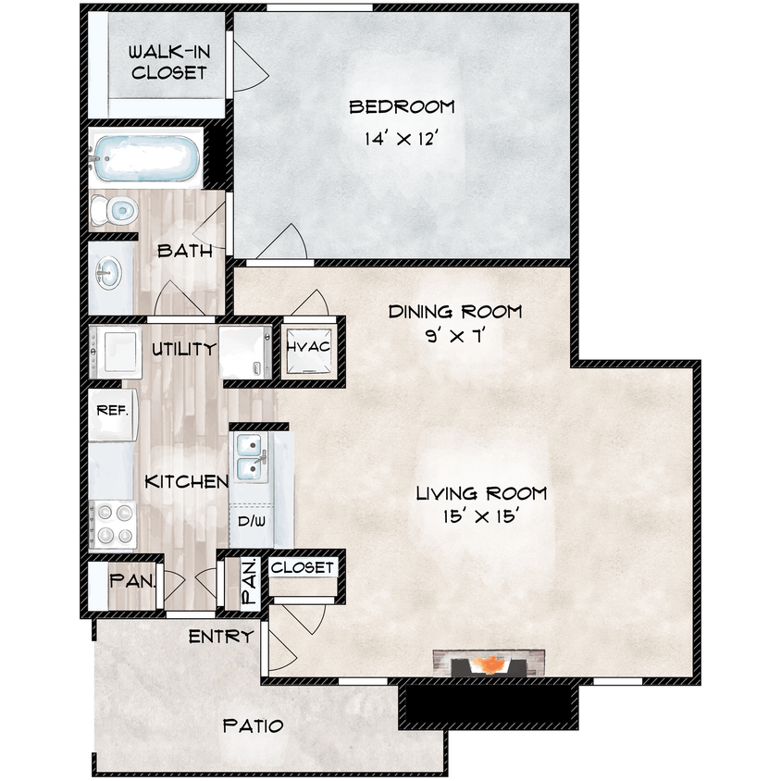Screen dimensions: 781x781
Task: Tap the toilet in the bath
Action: point(114,211)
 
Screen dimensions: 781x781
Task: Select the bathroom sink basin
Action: point(107,273)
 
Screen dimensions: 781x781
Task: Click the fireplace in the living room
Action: point(488,663)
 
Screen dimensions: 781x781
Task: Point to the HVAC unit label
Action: point(308,347)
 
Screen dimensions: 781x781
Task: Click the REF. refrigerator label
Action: point(112,408)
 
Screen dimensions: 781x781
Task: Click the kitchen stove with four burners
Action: point(114,524)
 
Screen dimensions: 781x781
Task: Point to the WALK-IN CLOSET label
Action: point(168,61)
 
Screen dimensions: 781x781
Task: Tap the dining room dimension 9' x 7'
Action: point(453,336)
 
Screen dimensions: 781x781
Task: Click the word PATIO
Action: point(253,725)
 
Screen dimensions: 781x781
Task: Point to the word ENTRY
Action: point(220,637)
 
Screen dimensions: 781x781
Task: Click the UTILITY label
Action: point(184,348)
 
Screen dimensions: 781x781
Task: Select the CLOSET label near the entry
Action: point(304,566)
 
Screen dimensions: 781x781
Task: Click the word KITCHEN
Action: point(187,482)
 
